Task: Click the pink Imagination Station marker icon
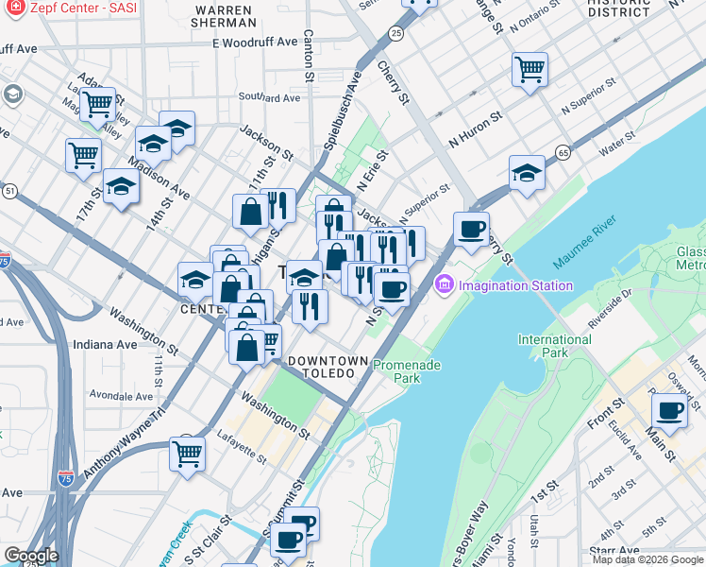tap(445, 284)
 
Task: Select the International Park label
tap(554, 346)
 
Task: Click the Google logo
tap(31, 556)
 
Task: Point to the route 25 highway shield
tap(395, 34)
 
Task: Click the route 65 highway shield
tap(563, 151)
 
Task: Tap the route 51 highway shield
tap(9, 191)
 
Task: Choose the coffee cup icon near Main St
tap(669, 411)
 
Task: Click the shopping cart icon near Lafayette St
tap(188, 453)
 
